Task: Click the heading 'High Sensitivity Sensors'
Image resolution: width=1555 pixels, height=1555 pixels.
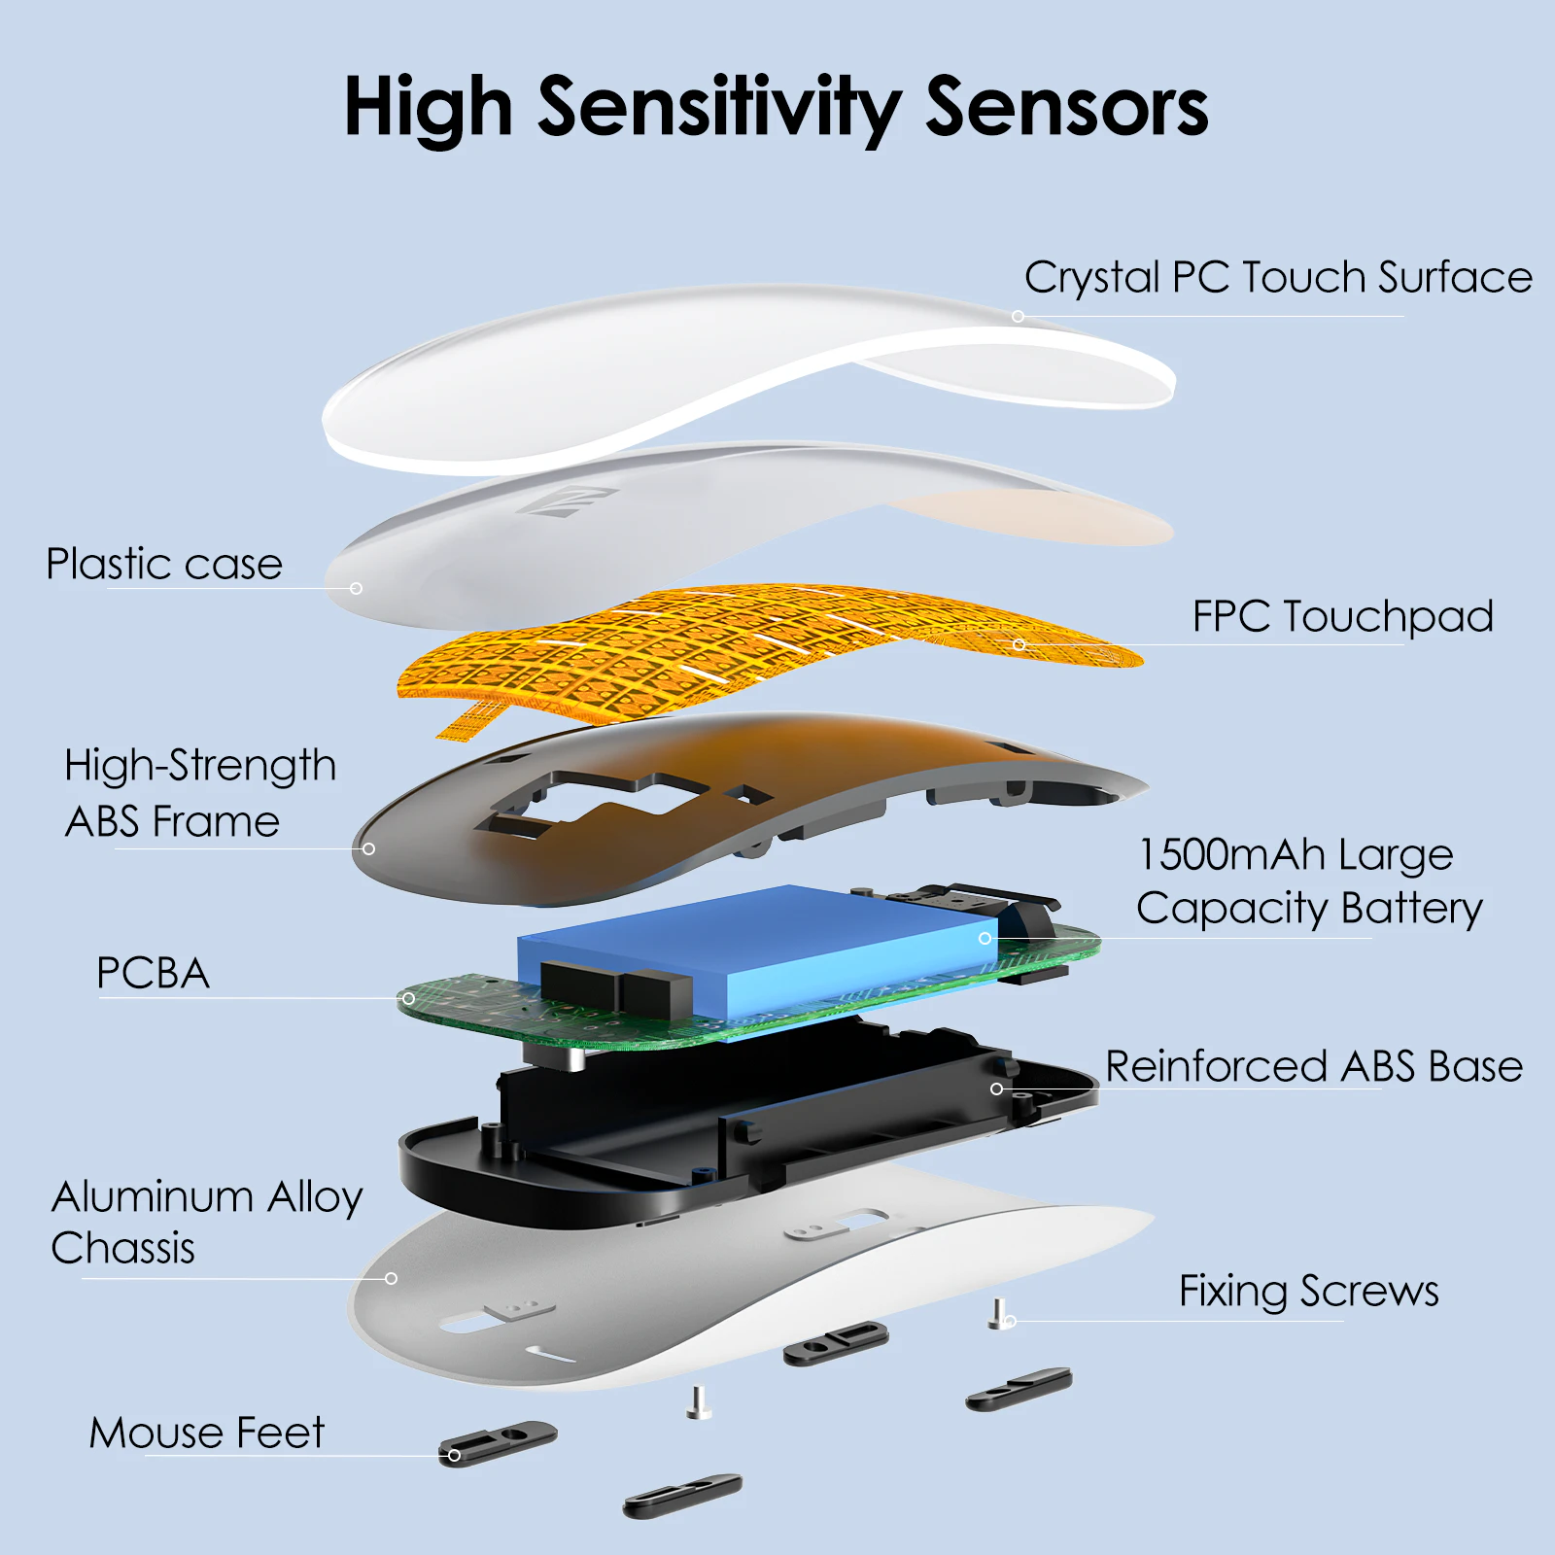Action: tap(777, 108)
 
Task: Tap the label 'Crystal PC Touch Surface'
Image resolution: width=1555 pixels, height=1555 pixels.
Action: tap(1278, 279)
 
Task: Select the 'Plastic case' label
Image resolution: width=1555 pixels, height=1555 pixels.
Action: tap(164, 564)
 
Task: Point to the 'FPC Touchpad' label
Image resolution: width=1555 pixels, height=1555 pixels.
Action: tap(1342, 616)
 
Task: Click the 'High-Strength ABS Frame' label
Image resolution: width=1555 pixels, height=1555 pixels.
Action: tap(200, 793)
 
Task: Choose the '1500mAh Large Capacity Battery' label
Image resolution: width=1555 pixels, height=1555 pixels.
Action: tap(1309, 881)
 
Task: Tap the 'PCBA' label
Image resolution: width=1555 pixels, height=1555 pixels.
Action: tap(154, 973)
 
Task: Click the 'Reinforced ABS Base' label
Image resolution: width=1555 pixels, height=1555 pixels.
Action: tap(1314, 1066)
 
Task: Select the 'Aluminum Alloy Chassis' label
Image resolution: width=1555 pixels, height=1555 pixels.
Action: tap(207, 1222)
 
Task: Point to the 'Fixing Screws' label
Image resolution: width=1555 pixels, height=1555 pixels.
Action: tap(1308, 1292)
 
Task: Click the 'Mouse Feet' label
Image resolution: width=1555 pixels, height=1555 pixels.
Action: tap(207, 1433)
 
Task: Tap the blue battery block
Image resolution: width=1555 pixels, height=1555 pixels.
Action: tap(758, 952)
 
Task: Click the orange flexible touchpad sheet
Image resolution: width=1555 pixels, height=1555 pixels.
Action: tap(768, 651)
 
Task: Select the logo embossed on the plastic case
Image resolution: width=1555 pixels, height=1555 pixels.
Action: tap(567, 501)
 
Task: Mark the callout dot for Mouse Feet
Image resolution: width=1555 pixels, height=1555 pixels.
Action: tap(454, 1455)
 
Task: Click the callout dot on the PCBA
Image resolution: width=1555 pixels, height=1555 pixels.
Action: tap(408, 998)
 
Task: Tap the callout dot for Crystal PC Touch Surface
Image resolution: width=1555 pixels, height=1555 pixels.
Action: tap(1018, 316)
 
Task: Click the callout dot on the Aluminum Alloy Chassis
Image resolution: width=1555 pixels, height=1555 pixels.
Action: tap(391, 1278)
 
